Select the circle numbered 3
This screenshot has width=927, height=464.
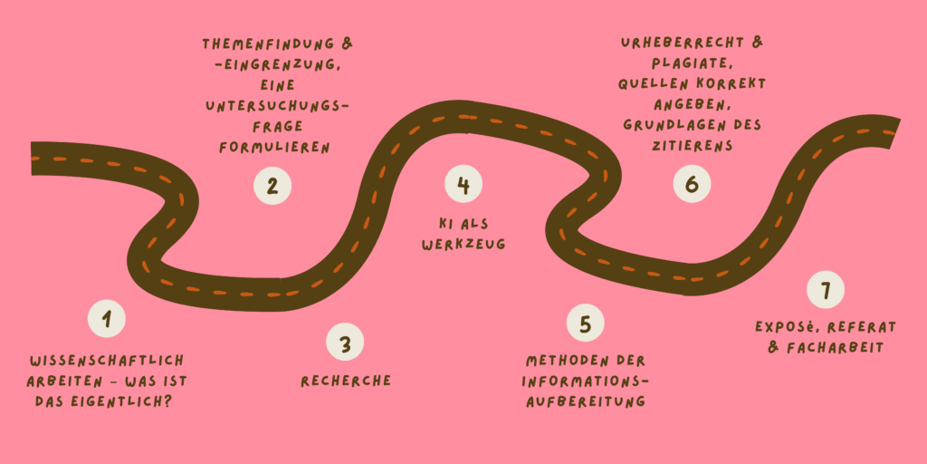(345, 343)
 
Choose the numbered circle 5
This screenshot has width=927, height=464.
(586, 324)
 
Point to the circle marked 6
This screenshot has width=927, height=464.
(692, 185)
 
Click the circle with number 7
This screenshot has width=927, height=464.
(825, 290)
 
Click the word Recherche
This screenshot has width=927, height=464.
(346, 381)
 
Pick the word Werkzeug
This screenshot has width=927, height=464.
(463, 244)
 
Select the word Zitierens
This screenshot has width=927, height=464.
(693, 145)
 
